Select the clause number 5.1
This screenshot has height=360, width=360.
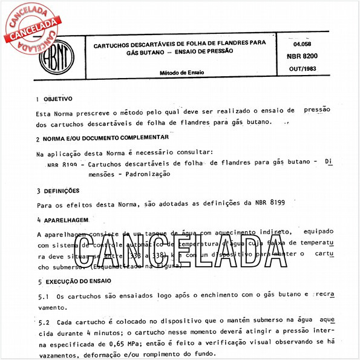(x=42, y=296)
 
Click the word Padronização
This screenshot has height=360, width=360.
(x=148, y=174)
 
